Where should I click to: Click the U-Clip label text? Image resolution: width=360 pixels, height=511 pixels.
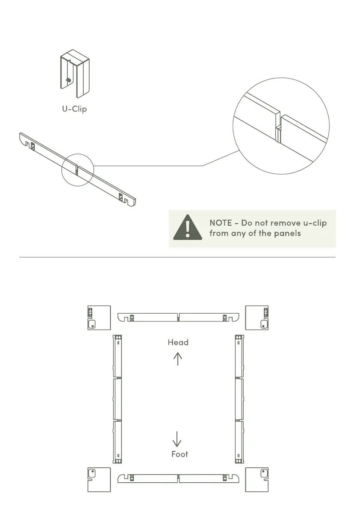[74, 109]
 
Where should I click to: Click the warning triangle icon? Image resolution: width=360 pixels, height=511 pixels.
[188, 228]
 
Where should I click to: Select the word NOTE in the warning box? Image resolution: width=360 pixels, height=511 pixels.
[221, 223]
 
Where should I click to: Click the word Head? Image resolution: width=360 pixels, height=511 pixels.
[178, 342]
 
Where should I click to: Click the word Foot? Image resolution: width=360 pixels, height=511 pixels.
[179, 454]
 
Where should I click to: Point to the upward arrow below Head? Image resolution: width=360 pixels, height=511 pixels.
[178, 358]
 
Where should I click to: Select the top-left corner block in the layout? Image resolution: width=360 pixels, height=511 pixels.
[99, 318]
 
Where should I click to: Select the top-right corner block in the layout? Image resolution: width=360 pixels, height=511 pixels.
[257, 318]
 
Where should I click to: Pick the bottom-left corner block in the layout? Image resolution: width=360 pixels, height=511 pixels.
[99, 480]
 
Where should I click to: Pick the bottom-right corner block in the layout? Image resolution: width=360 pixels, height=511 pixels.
[257, 480]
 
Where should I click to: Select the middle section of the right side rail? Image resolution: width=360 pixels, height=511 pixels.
[239, 399]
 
